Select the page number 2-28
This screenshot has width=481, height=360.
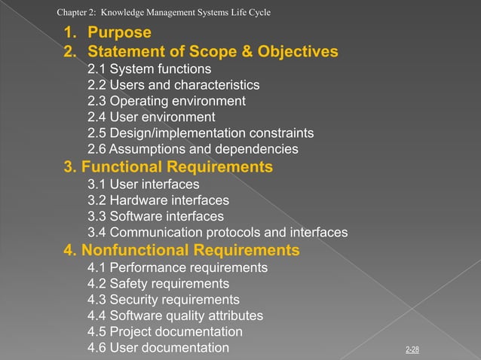coord(412,350)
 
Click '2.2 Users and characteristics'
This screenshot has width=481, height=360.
coord(173,85)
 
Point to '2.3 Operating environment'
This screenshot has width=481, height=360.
coord(166,101)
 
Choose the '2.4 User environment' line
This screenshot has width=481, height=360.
coord(151,117)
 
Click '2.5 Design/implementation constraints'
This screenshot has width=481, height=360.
coord(201,133)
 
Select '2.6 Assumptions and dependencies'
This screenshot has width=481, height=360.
coord(192,149)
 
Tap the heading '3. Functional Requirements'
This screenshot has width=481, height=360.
coord(167,166)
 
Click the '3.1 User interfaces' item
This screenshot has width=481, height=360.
coord(143,185)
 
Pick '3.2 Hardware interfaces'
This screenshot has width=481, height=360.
coord(158,200)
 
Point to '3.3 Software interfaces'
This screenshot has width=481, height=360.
coord(155,216)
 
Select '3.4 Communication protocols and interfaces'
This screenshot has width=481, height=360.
coord(217,233)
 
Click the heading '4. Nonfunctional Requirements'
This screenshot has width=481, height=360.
coord(181,250)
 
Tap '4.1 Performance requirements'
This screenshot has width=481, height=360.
coord(177,267)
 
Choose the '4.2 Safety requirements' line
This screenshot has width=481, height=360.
coord(158,284)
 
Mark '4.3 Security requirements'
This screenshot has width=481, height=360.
coord(163,300)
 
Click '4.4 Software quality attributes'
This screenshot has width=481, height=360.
coord(175,316)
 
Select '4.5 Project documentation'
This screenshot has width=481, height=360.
coord(165,331)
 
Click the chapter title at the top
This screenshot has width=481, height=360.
coord(164,12)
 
